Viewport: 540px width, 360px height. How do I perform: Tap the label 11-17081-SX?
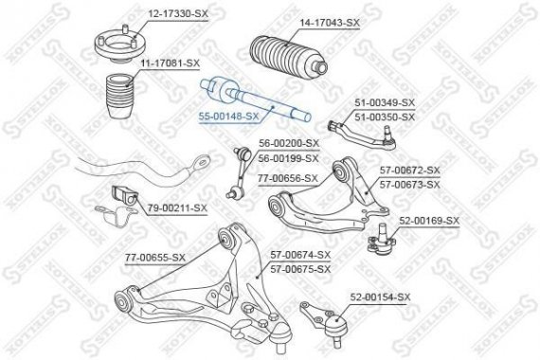171,63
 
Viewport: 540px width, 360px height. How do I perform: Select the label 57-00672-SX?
410,170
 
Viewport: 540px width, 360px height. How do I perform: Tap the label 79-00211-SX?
176,207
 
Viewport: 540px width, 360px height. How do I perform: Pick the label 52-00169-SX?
428,221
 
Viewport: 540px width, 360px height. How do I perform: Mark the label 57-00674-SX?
300,255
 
